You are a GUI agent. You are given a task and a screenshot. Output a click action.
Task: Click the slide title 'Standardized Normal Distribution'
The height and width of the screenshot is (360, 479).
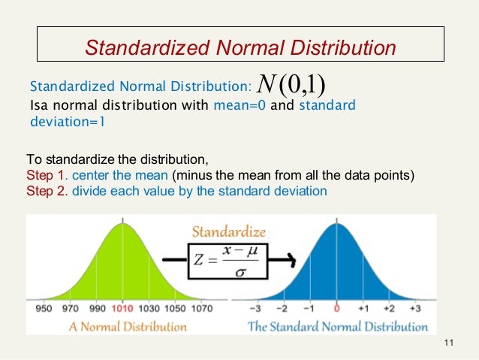(240, 49)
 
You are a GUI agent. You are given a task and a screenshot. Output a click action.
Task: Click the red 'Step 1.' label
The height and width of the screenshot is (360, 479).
(47, 176)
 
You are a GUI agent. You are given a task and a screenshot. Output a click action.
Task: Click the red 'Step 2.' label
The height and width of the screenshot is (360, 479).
(47, 191)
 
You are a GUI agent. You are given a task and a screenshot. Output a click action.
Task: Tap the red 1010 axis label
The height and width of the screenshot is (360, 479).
(122, 309)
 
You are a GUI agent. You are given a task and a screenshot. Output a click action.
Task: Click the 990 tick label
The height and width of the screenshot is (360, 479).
(97, 309)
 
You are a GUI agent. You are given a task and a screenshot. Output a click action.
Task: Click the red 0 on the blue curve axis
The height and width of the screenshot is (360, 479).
(337, 309)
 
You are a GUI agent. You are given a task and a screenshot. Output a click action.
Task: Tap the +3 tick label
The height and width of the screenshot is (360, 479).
(414, 309)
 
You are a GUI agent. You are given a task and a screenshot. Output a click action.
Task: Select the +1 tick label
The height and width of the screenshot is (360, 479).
(363, 309)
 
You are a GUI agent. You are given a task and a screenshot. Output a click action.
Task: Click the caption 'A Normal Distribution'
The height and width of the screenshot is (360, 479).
(128, 327)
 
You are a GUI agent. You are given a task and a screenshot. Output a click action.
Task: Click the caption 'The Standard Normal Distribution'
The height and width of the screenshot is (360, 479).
(338, 327)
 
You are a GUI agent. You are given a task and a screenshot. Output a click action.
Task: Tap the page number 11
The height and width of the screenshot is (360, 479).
(450, 344)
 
